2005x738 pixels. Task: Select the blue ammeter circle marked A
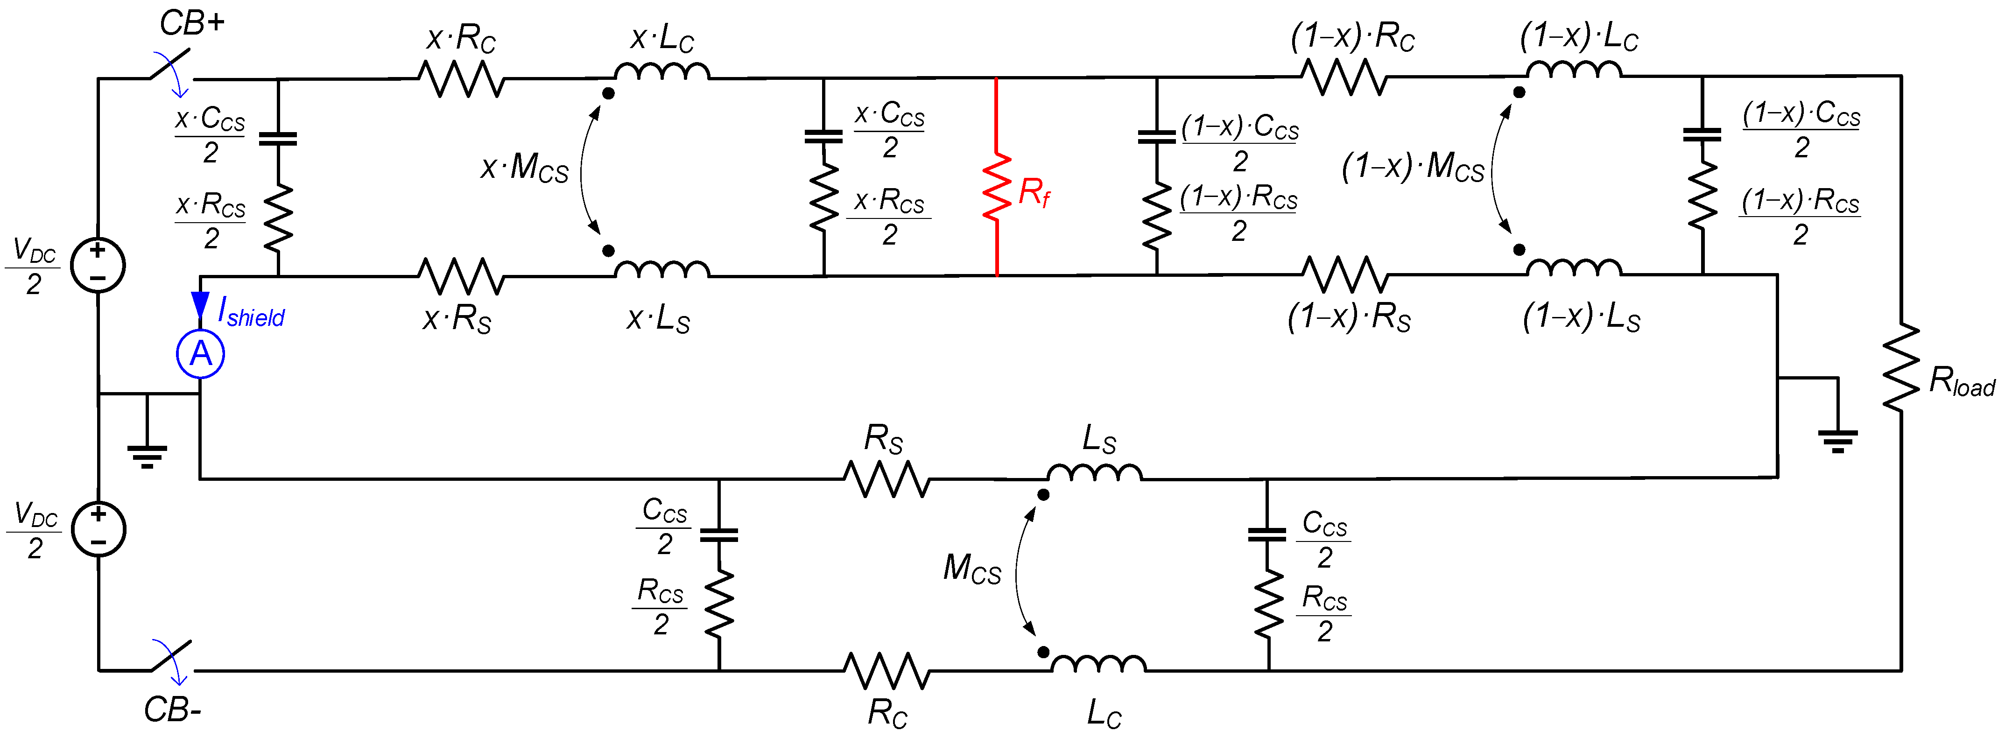201,354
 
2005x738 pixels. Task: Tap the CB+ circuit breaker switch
171,70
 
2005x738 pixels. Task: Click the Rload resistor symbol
1901,366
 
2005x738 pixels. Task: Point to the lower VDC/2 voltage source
98,529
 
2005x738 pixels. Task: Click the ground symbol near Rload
1838,440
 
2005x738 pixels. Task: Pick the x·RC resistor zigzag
462,78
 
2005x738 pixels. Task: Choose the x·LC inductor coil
661,72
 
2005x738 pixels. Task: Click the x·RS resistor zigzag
462,275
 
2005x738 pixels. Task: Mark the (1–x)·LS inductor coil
1574,269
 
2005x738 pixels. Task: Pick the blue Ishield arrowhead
200,304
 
